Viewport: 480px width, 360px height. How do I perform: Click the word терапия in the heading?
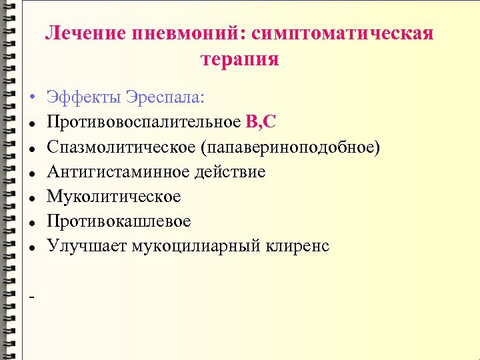pos(239,59)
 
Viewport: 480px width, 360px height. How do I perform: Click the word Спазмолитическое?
pos(123,147)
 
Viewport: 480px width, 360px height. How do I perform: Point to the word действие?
pos(230,172)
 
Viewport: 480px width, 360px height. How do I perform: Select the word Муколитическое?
pos(113,197)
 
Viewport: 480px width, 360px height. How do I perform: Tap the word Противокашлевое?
pos(119,221)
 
